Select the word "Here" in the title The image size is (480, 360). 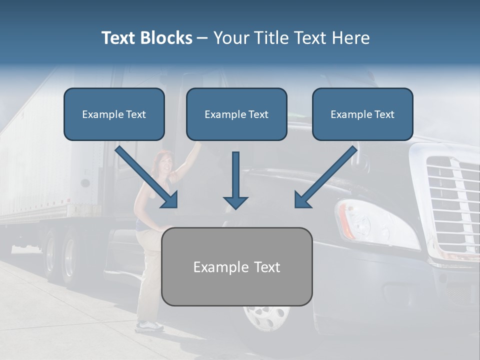pyautogui.click(x=351, y=38)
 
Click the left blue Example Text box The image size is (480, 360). pyautogui.click(x=114, y=114)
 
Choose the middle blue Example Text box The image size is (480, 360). pyautogui.click(x=236, y=114)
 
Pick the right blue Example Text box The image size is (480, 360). pyautogui.click(x=362, y=114)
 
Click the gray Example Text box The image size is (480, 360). pyautogui.click(x=236, y=266)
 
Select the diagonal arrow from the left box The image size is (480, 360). pyautogui.click(x=148, y=178)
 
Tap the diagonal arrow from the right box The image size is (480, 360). pyautogui.click(x=325, y=178)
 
